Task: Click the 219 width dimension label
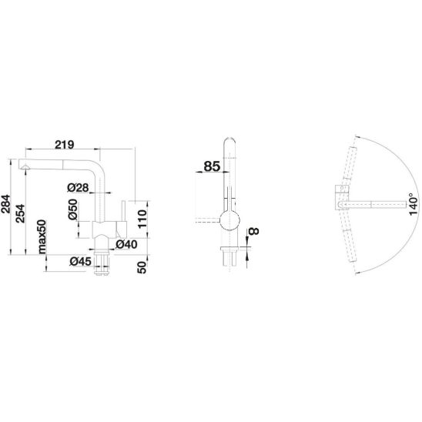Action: (x=65, y=145)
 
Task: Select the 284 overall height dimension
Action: (x=6, y=204)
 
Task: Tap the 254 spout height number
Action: (x=20, y=213)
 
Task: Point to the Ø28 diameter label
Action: (x=78, y=187)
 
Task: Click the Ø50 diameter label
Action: (x=72, y=209)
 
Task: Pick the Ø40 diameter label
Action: (x=126, y=244)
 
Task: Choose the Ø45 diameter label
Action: (x=80, y=261)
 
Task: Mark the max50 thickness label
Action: (x=42, y=237)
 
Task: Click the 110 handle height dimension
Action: (x=142, y=219)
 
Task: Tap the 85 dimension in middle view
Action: (x=212, y=166)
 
